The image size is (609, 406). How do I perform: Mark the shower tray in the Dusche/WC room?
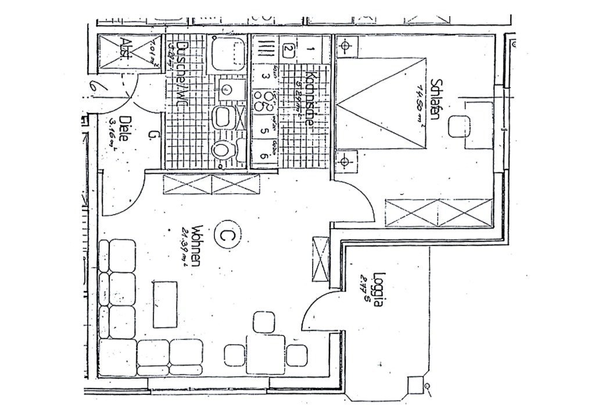pos(230,54)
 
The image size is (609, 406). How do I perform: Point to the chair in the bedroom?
pos(460,126)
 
